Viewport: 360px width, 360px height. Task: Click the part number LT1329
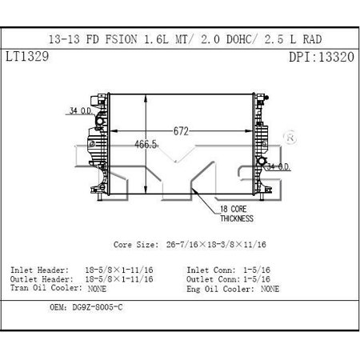click(27, 57)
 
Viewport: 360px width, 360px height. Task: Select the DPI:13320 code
click(322, 57)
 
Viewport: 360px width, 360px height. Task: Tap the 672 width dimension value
click(181, 131)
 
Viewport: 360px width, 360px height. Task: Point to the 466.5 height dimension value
click(146, 144)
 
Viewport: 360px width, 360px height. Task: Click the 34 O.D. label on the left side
click(81, 110)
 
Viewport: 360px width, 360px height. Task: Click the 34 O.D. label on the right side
click(278, 166)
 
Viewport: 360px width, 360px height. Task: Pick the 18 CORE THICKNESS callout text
click(237, 214)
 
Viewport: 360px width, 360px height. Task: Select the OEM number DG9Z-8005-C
click(98, 307)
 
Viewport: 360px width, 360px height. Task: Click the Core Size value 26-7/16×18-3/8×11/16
click(216, 244)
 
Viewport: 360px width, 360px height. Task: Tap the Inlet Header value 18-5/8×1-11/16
click(119, 270)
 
